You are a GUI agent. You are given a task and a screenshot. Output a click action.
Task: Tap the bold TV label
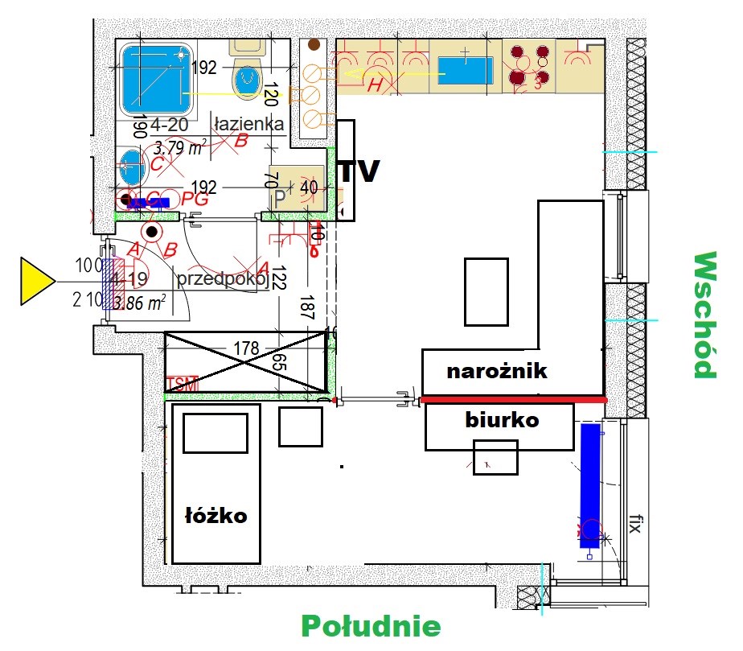click(x=359, y=171)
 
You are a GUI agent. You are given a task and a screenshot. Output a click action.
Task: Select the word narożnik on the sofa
click(x=497, y=371)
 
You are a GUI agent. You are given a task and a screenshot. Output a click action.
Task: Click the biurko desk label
click(x=502, y=419)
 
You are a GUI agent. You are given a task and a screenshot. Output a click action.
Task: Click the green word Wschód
click(x=704, y=315)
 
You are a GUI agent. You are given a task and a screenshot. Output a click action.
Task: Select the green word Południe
click(x=371, y=626)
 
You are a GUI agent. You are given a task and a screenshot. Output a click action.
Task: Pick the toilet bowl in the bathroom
click(x=247, y=79)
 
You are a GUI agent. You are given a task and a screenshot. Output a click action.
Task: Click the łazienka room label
click(x=248, y=124)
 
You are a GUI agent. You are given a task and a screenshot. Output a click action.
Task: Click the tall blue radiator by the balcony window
click(x=590, y=485)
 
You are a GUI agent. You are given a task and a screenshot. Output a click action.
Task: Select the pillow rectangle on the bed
click(x=215, y=435)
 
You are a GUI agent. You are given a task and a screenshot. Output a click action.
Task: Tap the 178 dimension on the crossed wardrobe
click(x=246, y=348)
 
